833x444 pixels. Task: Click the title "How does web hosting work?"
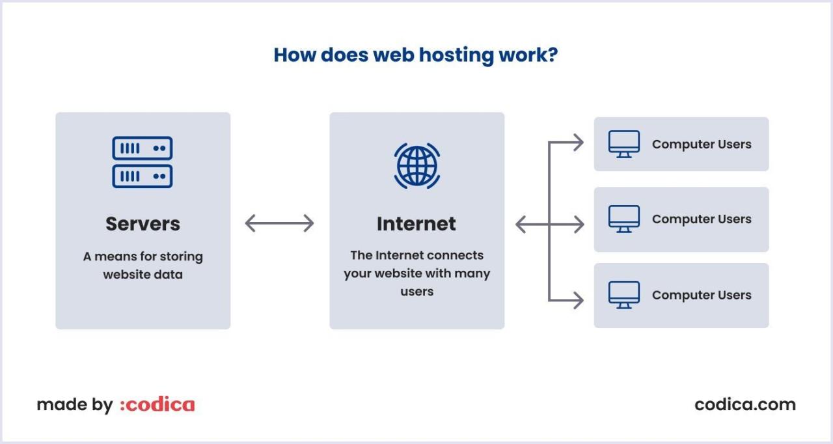[415, 55]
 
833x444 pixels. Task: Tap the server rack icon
[143, 162]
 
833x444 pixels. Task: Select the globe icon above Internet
[416, 166]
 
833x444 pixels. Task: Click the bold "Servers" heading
[143, 223]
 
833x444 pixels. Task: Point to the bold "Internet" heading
[416, 223]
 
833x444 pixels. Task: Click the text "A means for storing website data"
[143, 266]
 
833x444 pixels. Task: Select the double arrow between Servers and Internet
[279, 223]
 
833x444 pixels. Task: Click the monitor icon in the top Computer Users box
[623, 144]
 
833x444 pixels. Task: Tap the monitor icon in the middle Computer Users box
[623, 219]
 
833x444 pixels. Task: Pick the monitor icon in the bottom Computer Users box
[623, 295]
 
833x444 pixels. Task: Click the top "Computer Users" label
[702, 144]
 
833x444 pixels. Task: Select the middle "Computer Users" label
[702, 219]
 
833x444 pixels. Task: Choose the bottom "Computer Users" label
[702, 295]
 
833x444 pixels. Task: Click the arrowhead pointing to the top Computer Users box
[578, 143]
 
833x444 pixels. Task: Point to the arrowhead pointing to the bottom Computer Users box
[578, 300]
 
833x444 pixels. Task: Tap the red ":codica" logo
[157, 404]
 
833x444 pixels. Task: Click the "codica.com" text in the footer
[744, 404]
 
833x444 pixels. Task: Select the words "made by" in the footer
[74, 405]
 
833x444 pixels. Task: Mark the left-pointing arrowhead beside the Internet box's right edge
[521, 225]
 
